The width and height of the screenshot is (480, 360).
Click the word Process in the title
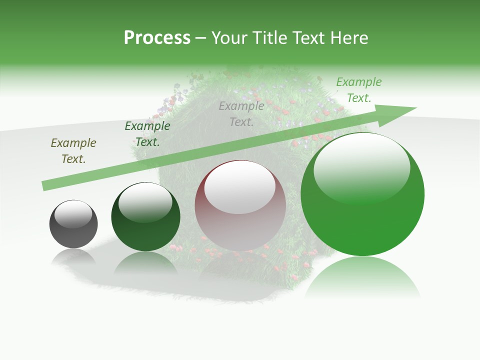point(157,38)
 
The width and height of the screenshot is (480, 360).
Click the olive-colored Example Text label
point(73,151)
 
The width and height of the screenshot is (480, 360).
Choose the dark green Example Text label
point(147,134)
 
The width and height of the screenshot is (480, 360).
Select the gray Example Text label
point(241,113)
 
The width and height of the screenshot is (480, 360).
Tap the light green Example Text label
point(359,90)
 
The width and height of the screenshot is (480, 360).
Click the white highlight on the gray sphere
point(73,214)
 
